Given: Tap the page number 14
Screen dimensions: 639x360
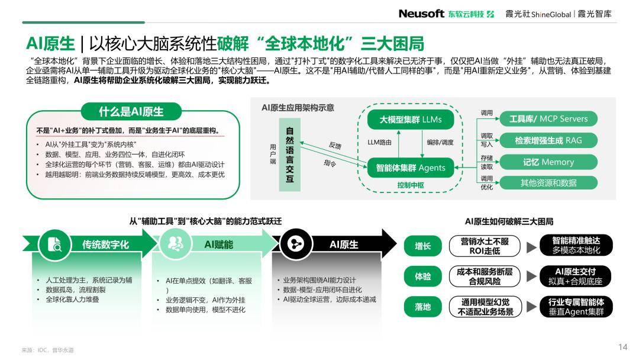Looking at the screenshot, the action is tap(622, 347).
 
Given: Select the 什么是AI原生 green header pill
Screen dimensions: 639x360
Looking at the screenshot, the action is tap(131, 111).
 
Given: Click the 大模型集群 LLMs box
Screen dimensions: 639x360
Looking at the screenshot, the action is tap(411, 120).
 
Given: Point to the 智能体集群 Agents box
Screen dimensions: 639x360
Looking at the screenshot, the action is tap(411, 168).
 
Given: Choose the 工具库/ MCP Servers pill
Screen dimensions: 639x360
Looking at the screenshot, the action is tap(548, 118).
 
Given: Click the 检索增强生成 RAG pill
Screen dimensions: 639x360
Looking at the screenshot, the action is tap(548, 140).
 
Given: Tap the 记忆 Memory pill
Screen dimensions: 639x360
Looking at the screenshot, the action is tap(548, 162).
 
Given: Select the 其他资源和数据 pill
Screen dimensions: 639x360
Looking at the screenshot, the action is tap(548, 182).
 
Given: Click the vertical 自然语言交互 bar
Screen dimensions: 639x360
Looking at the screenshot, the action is tap(290, 155).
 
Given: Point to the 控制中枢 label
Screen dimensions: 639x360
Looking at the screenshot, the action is tap(411, 185).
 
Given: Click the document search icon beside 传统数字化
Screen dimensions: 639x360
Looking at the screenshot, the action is tap(54, 244).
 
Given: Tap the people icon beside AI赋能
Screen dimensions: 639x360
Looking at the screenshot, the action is tap(176, 244).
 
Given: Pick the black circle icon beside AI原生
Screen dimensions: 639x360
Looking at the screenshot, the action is tap(296, 244).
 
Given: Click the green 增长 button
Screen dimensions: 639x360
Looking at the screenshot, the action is tap(422, 246).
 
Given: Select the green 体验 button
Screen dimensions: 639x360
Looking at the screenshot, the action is tap(422, 277).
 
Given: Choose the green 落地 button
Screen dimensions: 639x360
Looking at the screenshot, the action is tap(422, 307).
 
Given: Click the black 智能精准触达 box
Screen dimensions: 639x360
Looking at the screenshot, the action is tap(576, 246).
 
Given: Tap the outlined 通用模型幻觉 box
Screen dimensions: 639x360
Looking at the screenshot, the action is tap(485, 307).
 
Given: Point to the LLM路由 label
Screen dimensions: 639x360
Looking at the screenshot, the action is tap(379, 142).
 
